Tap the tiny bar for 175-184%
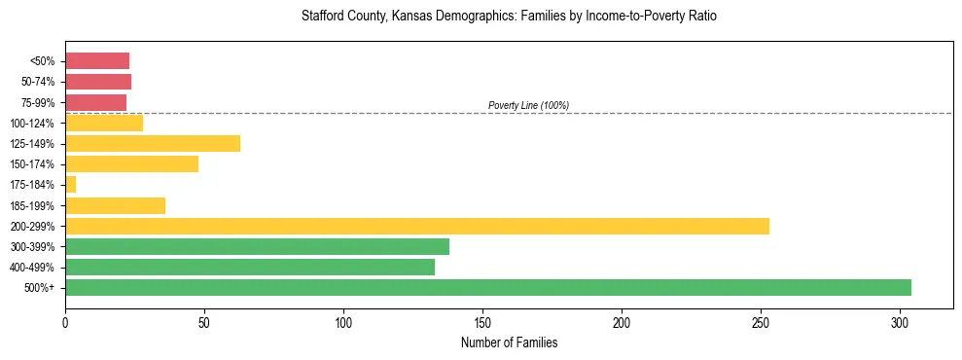point(70,184)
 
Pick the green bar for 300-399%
point(257,246)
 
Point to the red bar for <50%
point(97,60)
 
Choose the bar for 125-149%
point(153,143)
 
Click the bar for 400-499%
point(250,267)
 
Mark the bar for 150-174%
point(131,163)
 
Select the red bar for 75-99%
point(95,102)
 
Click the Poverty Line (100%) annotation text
point(528,105)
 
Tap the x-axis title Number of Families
point(509,342)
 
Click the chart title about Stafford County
point(509,17)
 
